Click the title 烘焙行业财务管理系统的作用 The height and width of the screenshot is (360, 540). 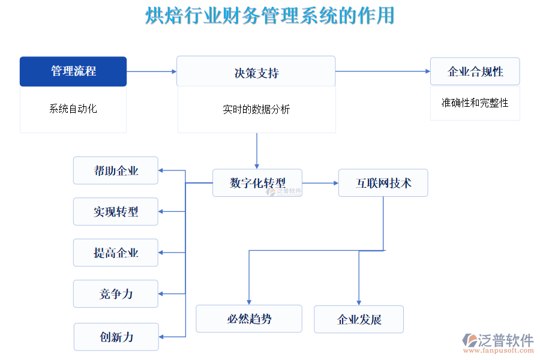click(270, 16)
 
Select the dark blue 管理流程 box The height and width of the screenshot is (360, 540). click(73, 71)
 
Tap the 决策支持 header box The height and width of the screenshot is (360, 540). click(256, 72)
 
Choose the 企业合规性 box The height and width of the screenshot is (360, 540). click(475, 71)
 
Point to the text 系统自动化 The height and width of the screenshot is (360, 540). click(73, 109)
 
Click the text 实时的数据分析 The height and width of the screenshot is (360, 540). click(256, 109)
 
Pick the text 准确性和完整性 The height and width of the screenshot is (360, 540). click(475, 103)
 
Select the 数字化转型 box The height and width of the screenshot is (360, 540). click(257, 182)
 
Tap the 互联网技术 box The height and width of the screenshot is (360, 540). click(383, 182)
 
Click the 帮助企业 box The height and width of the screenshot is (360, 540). click(116, 170)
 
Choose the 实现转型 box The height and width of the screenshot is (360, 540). click(116, 211)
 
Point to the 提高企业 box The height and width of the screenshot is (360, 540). click(116, 253)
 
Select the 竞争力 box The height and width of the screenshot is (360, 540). click(116, 293)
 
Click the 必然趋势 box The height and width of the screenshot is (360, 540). click(249, 319)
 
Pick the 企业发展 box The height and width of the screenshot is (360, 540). click(359, 319)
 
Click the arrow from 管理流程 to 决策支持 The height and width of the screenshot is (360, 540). click(151, 71)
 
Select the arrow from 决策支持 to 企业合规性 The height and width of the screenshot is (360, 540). click(383, 71)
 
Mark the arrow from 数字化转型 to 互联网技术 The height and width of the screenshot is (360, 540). click(320, 182)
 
